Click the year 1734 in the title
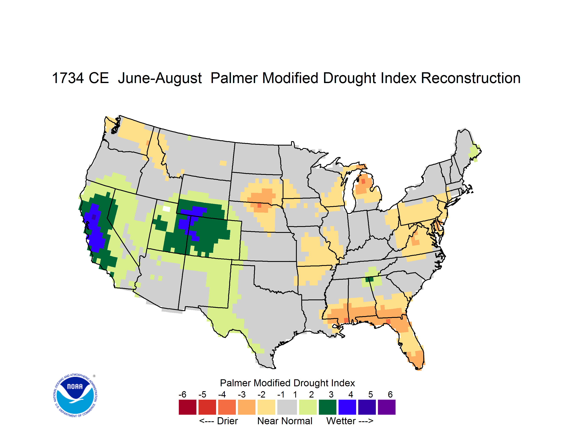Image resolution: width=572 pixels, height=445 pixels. (68, 78)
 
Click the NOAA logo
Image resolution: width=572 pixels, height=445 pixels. (75, 395)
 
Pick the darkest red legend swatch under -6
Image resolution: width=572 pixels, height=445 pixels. (187, 407)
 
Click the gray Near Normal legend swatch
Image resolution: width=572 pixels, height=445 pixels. (287, 407)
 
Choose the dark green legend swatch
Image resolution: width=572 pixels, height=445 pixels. (327, 407)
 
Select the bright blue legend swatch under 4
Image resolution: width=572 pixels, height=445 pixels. (347, 407)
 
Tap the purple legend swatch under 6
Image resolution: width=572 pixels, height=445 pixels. (387, 407)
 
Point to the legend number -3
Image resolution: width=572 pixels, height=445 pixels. (242, 394)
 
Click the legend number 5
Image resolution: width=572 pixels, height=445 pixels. (370, 394)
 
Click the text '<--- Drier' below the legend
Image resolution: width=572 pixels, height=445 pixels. (218, 421)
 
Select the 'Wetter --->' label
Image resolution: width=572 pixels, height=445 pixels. (350, 421)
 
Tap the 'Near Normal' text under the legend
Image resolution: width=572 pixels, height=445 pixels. (285, 421)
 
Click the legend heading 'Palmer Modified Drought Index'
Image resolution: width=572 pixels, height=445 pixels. (287, 383)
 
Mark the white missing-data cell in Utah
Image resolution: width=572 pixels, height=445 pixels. (166, 209)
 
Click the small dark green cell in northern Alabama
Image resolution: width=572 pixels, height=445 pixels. (369, 279)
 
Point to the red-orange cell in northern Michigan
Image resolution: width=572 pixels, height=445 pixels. (363, 181)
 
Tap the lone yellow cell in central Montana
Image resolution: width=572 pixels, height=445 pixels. (223, 163)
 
